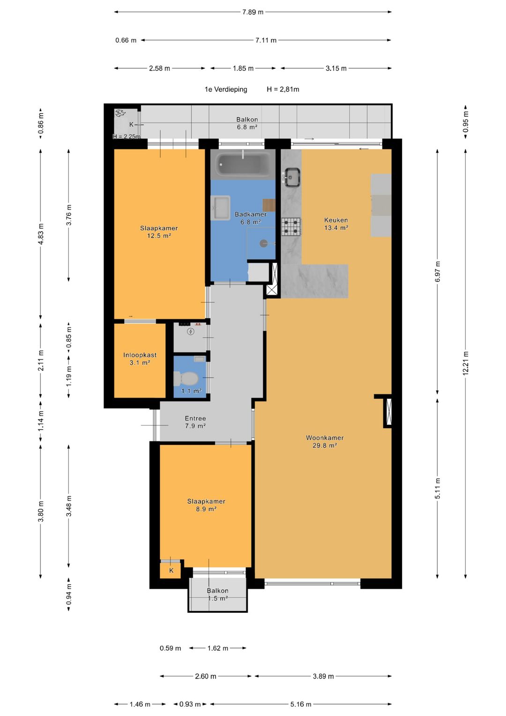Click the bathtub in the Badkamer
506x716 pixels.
[x=243, y=164]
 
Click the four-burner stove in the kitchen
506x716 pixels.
[x=291, y=226]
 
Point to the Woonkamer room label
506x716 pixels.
[x=325, y=437]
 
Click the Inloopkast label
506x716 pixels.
[x=140, y=355]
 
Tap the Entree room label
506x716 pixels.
[x=195, y=418]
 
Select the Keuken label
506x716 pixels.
[x=336, y=220]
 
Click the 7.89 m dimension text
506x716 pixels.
[x=253, y=12]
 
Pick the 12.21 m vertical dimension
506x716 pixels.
[x=466, y=363]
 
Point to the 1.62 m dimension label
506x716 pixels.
[x=218, y=648]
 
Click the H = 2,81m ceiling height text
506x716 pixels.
[x=283, y=90]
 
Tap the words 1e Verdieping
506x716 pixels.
[x=226, y=90]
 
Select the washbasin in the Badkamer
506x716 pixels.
[x=220, y=207]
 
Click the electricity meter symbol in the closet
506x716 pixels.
[x=191, y=332]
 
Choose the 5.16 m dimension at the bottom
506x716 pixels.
[x=301, y=704]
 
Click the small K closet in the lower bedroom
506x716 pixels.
[x=171, y=570]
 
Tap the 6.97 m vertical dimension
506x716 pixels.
[x=438, y=271]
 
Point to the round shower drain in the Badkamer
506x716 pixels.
[x=263, y=243]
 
